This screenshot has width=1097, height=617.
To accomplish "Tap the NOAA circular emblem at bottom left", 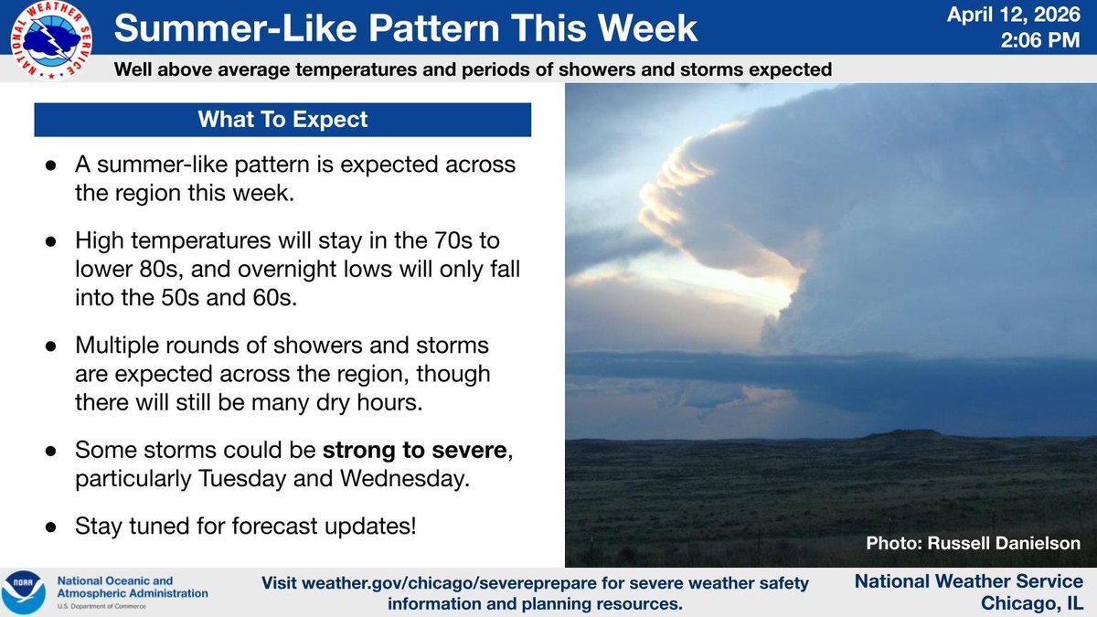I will point(23,591).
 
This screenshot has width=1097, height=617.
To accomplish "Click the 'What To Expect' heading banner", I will point(282,120).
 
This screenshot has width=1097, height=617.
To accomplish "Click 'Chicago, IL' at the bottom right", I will point(1032,602).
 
